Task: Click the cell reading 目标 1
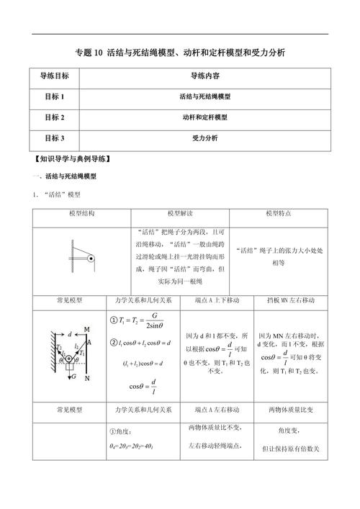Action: [x=54, y=96]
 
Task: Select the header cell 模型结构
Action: [x=81, y=215]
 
